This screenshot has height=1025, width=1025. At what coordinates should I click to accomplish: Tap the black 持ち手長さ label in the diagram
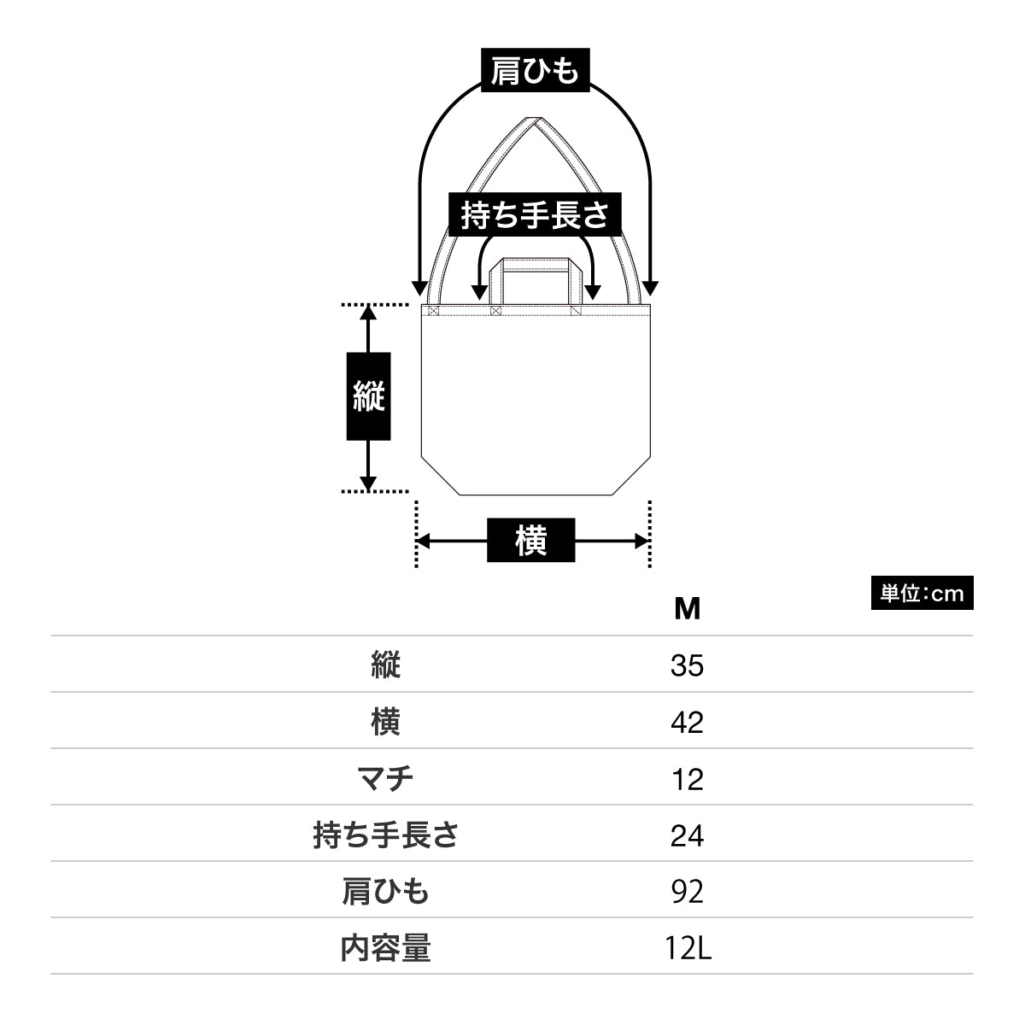click(535, 214)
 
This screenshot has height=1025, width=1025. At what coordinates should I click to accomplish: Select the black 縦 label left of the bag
click(368, 397)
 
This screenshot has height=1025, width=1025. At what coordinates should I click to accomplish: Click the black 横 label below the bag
click(530, 540)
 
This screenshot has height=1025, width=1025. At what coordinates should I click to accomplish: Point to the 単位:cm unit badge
click(922, 594)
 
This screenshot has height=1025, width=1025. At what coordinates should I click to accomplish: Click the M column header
click(687, 609)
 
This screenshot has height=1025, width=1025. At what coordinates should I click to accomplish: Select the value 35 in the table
click(687, 665)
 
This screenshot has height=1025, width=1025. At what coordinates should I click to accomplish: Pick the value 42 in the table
click(687, 723)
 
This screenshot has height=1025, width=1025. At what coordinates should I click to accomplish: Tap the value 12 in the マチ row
click(687, 779)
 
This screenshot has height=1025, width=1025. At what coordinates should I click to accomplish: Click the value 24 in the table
click(687, 835)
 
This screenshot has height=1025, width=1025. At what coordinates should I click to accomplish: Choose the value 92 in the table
click(687, 892)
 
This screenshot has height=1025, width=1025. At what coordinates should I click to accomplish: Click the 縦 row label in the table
click(385, 665)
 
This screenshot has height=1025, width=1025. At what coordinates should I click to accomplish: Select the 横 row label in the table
click(385, 723)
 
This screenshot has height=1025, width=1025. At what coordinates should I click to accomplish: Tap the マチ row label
click(385, 779)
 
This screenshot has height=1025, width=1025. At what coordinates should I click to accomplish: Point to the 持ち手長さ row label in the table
click(385, 835)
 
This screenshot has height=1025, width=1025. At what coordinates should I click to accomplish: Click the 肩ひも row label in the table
click(385, 892)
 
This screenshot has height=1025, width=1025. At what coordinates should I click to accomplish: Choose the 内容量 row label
click(385, 948)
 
